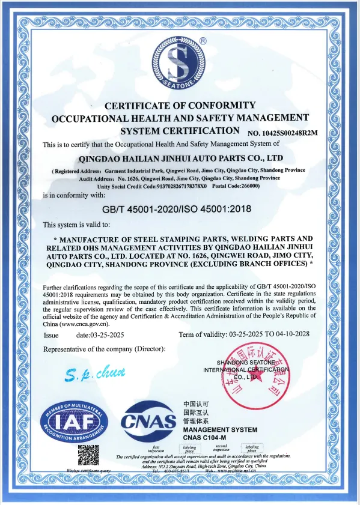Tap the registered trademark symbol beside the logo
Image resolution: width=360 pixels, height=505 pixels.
coord(203,41)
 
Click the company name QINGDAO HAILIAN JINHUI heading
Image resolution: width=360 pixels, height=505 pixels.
coord(180,159)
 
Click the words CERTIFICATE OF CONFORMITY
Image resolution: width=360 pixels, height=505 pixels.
coord(180,105)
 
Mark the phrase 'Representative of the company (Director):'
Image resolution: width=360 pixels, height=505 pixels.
coord(106,349)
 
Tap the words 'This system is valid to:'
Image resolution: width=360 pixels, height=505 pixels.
coord(76,225)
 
